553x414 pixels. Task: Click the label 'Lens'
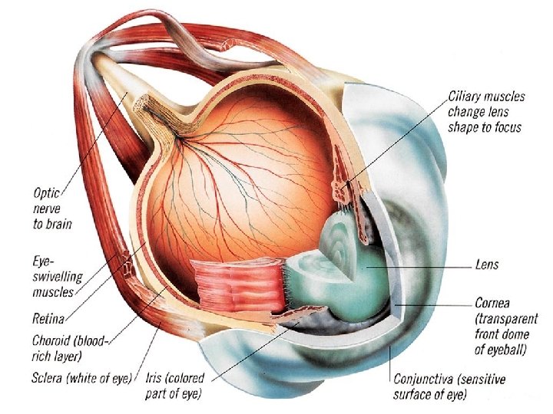click(487, 264)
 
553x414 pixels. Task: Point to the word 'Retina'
click(48, 316)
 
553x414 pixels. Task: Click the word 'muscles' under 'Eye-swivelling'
click(53, 291)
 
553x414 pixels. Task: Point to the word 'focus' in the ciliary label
click(507, 127)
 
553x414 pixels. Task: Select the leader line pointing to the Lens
click(430, 267)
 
